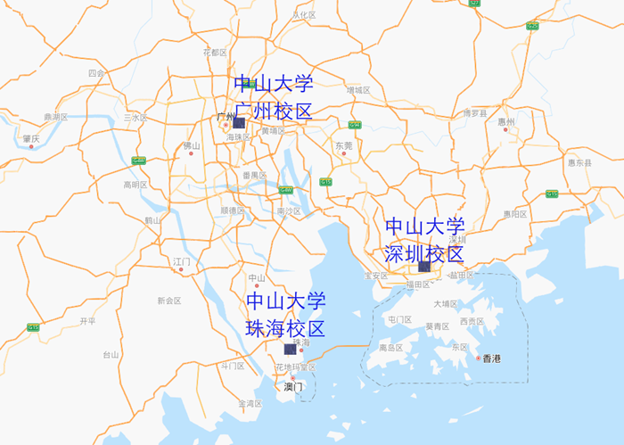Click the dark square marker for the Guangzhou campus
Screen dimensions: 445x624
[x=238, y=122]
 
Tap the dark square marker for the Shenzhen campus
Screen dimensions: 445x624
[x=424, y=266]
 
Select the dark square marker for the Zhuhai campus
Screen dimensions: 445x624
[x=289, y=350]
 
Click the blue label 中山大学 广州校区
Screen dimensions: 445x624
[x=274, y=98]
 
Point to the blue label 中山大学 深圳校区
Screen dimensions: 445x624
[x=424, y=240]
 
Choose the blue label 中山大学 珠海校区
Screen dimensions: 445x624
[x=285, y=314]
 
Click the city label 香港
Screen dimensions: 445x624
[x=492, y=358]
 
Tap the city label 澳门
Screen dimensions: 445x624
[x=293, y=387]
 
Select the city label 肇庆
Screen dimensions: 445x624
[x=31, y=139]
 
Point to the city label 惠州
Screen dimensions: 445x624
[x=506, y=121]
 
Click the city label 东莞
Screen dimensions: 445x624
[x=343, y=145]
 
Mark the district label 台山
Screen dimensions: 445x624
[x=111, y=354]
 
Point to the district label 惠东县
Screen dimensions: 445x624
[x=579, y=162]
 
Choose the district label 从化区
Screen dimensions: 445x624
[x=304, y=15]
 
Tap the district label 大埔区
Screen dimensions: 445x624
[x=445, y=304]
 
